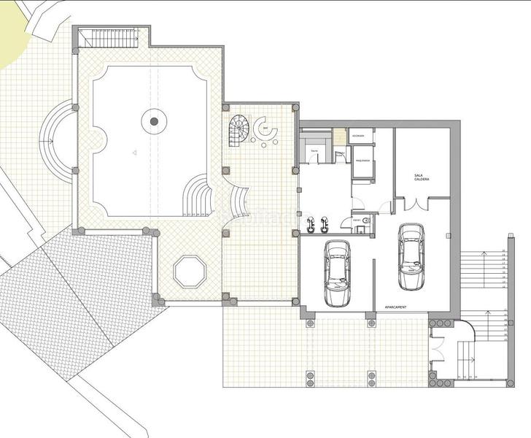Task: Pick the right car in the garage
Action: [x=412, y=255]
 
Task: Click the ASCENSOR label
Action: [x=358, y=137]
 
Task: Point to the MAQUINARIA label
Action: [x=363, y=160]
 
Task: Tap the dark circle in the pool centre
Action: [x=154, y=122]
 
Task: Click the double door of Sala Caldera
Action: [x=413, y=205]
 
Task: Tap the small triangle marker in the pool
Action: [x=133, y=152]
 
